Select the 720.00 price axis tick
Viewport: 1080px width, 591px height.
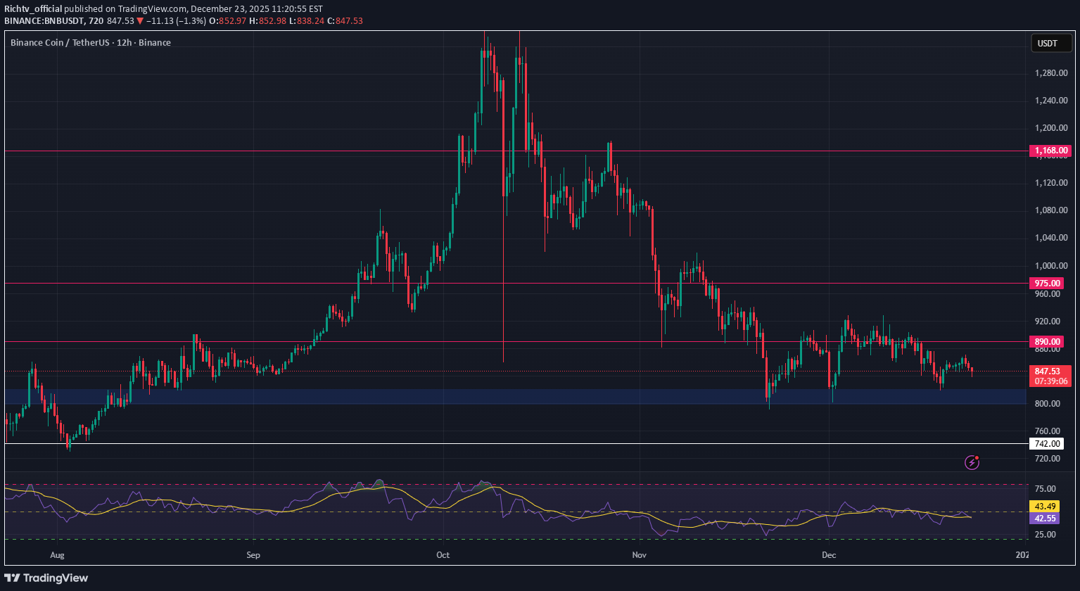(x=1048, y=459)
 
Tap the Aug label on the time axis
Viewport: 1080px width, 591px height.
(x=58, y=554)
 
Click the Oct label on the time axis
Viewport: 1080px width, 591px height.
(x=443, y=554)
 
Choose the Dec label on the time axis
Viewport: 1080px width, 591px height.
(x=828, y=554)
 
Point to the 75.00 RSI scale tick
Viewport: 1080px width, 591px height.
(x=1046, y=489)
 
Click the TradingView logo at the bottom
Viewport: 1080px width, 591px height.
(x=47, y=578)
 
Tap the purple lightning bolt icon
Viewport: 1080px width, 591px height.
(x=972, y=462)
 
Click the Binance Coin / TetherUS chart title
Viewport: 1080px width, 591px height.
(x=91, y=42)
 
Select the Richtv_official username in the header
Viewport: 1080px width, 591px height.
(x=33, y=9)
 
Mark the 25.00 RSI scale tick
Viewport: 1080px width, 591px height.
(x=1046, y=535)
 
